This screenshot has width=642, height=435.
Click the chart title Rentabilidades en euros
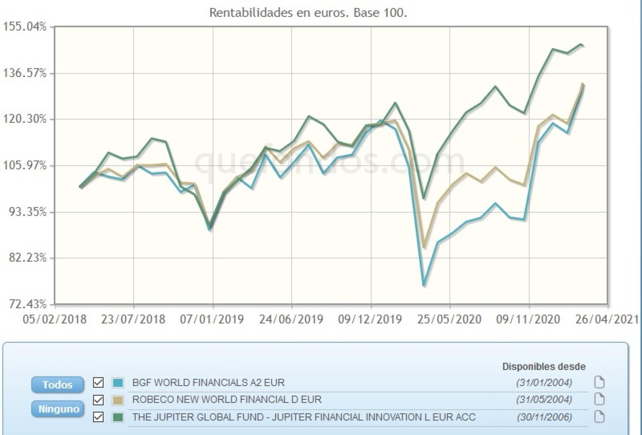pos(308,13)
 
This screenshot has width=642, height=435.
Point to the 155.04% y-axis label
pos(25,27)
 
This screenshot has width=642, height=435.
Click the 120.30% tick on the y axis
pos(25,119)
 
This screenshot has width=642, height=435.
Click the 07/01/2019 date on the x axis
pos(211,319)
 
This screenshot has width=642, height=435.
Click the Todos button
pos(58,385)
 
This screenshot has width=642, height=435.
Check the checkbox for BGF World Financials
pos(98,383)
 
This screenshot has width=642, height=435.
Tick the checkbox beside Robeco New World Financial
pos(98,400)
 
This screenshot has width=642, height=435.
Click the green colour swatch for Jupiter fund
pos(118,417)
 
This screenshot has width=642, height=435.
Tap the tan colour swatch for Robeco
pos(118,400)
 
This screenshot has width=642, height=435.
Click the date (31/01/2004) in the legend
pos(544,383)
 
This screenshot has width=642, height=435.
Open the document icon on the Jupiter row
pos(599,417)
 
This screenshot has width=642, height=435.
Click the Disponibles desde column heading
pos(543,366)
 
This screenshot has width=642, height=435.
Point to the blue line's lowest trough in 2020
pos(424,285)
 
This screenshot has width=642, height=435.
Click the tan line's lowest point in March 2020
pos(424,247)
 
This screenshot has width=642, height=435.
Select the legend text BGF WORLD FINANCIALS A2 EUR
pos(208,383)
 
